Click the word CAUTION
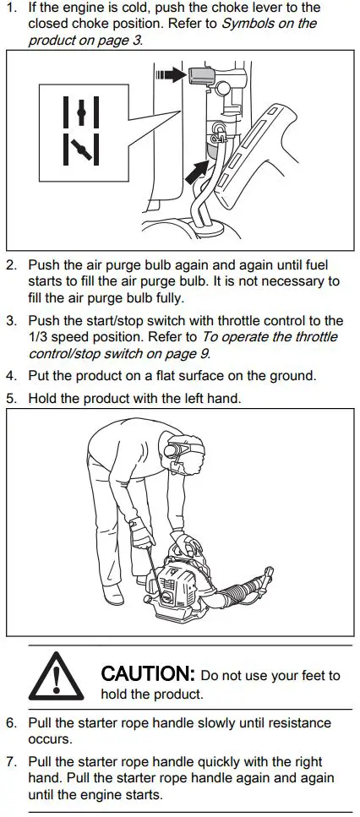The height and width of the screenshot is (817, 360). tap(148, 675)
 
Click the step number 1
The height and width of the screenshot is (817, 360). tap(11, 8)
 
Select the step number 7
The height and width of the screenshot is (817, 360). tap(11, 762)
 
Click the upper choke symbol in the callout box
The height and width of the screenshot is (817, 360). tap(81, 112)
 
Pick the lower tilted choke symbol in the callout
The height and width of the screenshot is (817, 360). tap(81, 150)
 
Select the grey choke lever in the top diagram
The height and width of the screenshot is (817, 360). tap(202, 77)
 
